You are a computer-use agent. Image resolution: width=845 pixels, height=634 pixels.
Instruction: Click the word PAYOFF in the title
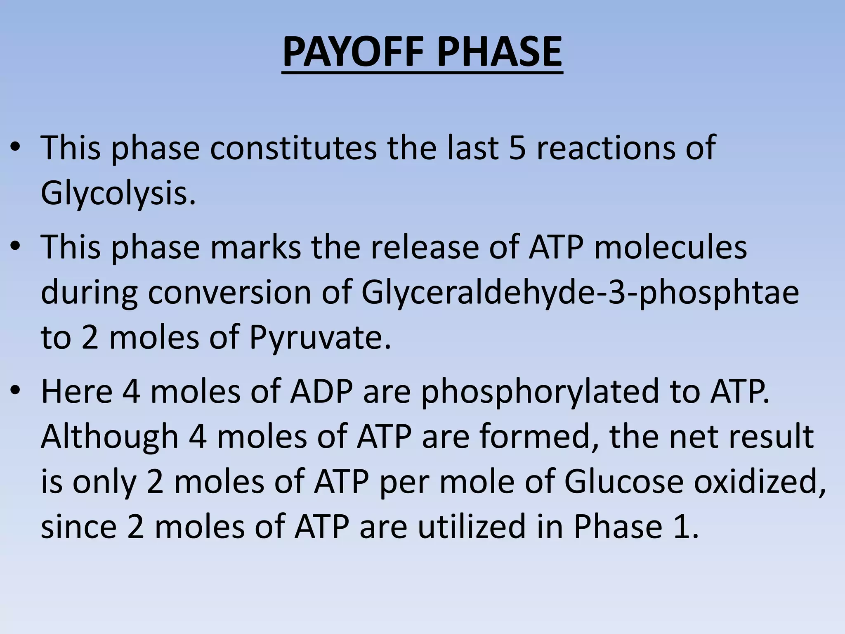[353, 52]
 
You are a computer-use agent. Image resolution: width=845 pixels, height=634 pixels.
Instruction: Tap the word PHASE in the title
[499, 52]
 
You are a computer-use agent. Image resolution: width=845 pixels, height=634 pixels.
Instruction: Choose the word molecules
[670, 248]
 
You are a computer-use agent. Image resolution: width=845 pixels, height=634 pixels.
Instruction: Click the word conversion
[229, 293]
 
